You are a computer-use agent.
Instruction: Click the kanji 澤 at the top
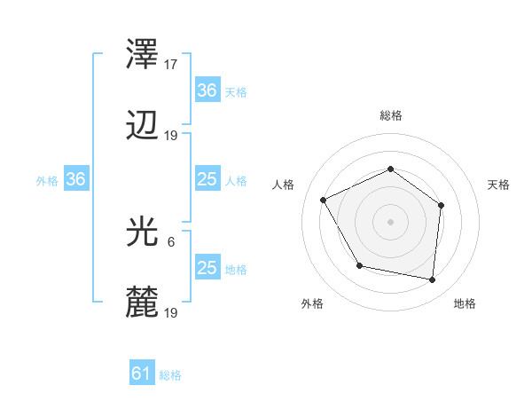click(x=144, y=56)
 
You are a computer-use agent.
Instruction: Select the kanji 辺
click(x=144, y=127)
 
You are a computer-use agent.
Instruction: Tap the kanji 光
click(x=144, y=232)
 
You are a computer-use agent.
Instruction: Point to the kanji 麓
click(x=144, y=304)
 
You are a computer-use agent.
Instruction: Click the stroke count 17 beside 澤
click(x=172, y=65)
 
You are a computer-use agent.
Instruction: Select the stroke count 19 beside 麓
click(x=172, y=313)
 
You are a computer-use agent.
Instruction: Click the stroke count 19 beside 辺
click(x=172, y=136)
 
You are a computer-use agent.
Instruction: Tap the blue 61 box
click(x=141, y=374)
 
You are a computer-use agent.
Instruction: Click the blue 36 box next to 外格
click(x=75, y=179)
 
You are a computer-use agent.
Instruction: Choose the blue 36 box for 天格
click(x=207, y=90)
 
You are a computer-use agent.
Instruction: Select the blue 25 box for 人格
click(x=207, y=179)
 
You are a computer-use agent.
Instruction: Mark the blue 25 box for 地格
click(x=207, y=268)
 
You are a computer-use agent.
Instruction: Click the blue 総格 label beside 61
click(x=170, y=375)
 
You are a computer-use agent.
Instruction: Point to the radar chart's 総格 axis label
click(x=391, y=115)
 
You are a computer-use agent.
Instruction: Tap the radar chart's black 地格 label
click(x=465, y=304)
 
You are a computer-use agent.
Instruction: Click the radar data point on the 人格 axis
click(x=325, y=201)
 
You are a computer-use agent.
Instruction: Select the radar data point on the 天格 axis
click(x=442, y=205)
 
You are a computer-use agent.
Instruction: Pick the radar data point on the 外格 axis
click(x=359, y=265)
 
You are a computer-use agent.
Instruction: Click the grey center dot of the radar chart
click(x=391, y=222)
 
